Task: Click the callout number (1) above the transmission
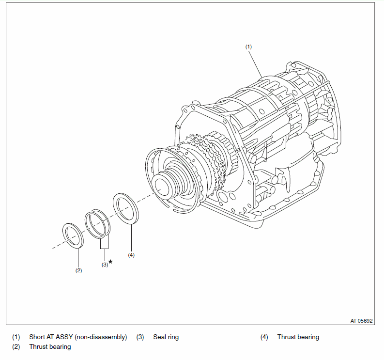point(248,47)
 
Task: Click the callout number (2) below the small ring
point(78,270)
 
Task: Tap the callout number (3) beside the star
point(105,265)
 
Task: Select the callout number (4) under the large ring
point(131,254)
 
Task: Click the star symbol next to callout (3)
point(110,262)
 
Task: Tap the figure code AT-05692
point(362,321)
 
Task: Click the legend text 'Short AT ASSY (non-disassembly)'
point(78,337)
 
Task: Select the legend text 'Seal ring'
point(166,337)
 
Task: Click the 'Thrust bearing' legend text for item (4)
point(298,337)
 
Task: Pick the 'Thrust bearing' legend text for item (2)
point(50,347)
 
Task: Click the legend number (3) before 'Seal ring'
point(140,337)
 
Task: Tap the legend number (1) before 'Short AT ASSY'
point(16,337)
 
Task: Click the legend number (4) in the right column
point(264,337)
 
